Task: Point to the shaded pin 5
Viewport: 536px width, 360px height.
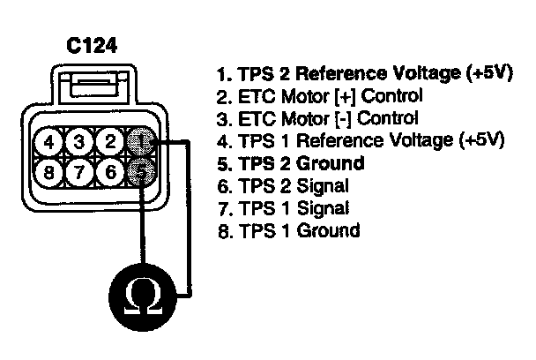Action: click(x=142, y=171)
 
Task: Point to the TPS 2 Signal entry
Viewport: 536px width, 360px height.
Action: click(x=284, y=186)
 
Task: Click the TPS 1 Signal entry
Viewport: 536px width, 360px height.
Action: click(x=284, y=209)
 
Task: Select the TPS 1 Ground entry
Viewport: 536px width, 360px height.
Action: click(x=288, y=231)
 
